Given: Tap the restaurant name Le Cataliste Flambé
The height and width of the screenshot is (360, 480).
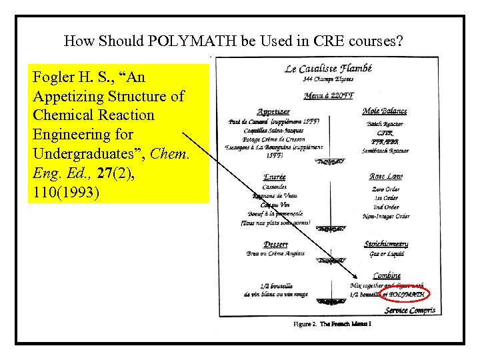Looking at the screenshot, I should (328, 68).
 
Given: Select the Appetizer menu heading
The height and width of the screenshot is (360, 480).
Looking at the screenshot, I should (273, 111).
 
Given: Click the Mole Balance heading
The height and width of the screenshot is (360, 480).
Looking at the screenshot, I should (385, 111).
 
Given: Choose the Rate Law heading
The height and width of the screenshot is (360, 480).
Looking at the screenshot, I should (385, 177).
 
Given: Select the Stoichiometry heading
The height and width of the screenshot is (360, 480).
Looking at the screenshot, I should (386, 244).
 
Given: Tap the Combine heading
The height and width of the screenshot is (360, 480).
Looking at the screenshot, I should (387, 275).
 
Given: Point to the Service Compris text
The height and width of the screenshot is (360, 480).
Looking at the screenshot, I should (410, 310).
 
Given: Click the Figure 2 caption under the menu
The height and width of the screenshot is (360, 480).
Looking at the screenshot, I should (333, 324).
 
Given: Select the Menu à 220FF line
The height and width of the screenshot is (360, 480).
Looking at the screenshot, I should (327, 96).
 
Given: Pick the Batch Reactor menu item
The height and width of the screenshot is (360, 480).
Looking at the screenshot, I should (385, 124).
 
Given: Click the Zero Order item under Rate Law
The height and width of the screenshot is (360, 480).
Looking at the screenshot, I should (386, 189).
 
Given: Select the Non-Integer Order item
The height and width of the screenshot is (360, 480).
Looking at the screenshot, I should (386, 216).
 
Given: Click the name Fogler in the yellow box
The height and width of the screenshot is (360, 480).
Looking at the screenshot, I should (53, 77).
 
